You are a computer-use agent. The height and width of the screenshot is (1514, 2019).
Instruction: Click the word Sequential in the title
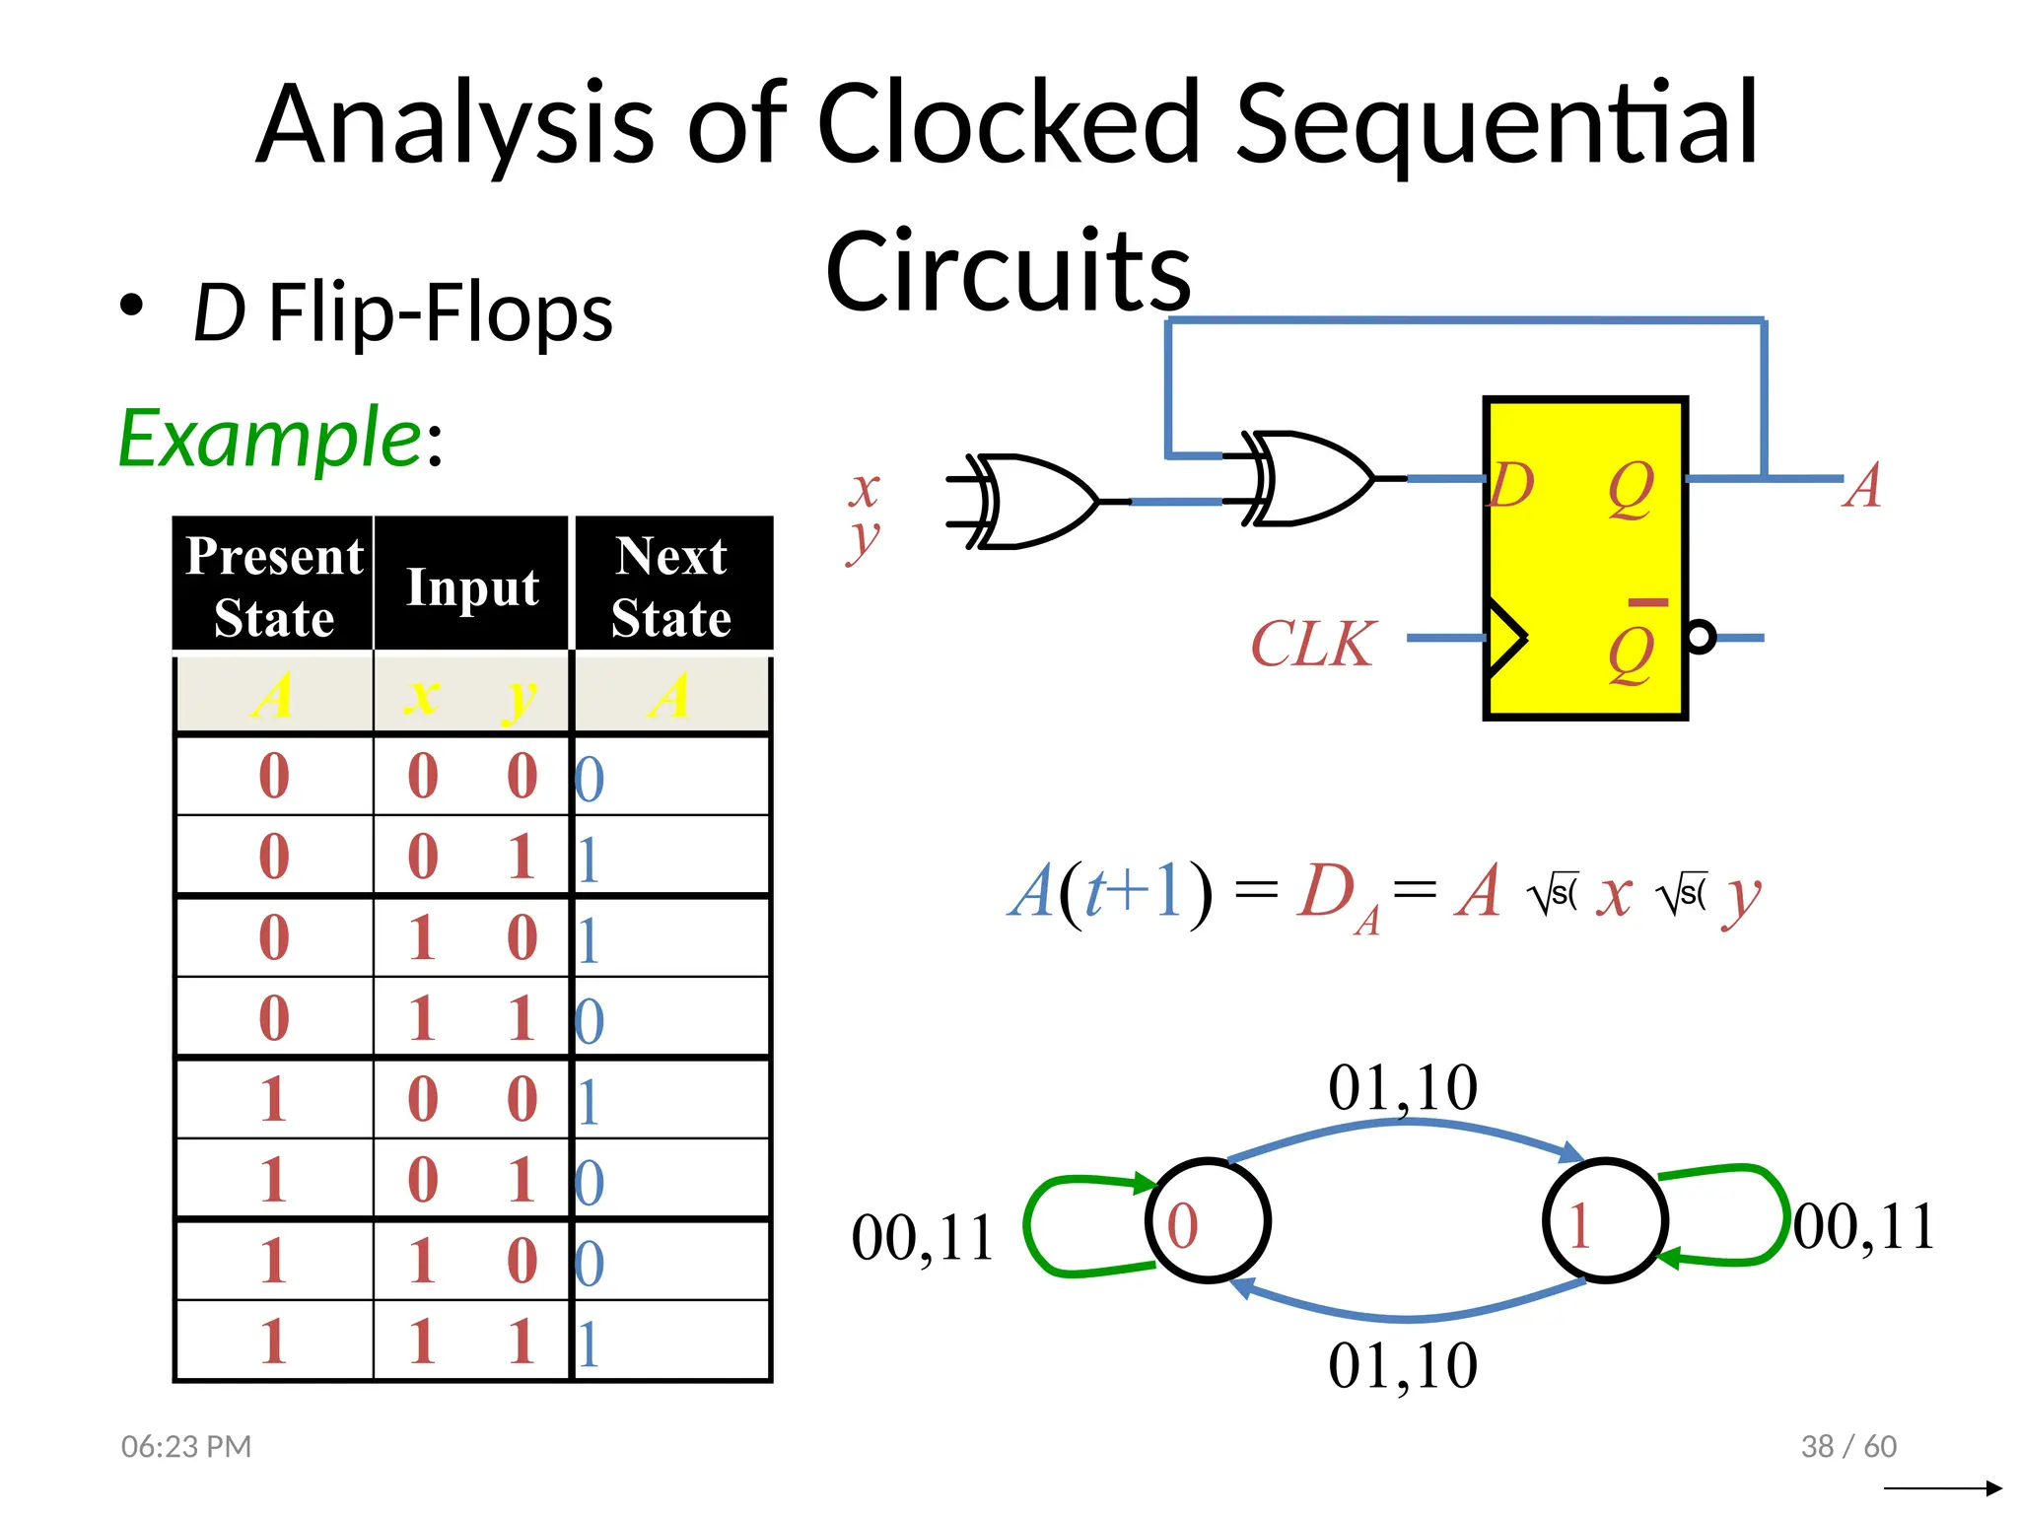point(1496,125)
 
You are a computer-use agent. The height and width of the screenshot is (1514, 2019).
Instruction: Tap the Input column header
point(472,587)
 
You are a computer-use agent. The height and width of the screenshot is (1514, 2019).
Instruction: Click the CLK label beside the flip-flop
point(1312,644)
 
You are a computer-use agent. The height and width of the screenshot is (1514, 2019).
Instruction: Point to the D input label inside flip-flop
point(1511,485)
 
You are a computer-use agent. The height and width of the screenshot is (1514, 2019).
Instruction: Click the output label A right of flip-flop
point(1861,486)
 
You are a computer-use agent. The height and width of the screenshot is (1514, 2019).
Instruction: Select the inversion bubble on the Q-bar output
point(1701,637)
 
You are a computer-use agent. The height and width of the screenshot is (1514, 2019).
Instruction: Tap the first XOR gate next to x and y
point(1031,502)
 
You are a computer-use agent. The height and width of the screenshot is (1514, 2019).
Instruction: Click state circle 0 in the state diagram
point(1208,1220)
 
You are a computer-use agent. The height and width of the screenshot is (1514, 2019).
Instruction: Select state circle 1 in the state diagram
point(1605,1220)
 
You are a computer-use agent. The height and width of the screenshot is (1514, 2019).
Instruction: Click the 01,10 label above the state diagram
point(1402,1088)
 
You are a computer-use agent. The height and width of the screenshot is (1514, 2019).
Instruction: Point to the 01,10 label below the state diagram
point(1402,1366)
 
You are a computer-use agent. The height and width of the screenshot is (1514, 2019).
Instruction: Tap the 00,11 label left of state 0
point(922,1238)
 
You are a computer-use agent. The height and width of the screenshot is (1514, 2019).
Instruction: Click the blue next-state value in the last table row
point(589,1343)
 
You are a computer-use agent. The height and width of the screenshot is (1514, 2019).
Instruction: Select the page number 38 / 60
point(1847,1446)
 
